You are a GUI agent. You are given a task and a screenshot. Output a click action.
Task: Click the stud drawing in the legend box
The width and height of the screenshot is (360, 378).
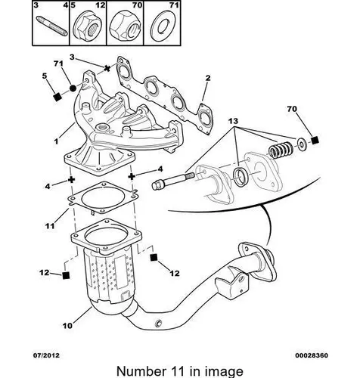(53, 26)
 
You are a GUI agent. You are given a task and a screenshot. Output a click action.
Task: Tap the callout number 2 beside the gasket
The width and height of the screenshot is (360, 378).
(208, 78)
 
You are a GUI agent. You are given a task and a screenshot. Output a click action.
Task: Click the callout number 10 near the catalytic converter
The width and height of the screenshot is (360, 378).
(67, 326)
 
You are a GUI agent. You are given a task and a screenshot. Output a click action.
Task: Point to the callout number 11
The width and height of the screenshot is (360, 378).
(50, 226)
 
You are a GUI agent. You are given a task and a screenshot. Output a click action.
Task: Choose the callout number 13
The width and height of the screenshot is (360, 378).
(233, 121)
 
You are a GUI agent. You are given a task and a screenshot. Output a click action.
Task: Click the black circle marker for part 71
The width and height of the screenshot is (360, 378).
(73, 88)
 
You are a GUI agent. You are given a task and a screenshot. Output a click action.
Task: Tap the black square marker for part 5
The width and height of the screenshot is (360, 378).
(57, 97)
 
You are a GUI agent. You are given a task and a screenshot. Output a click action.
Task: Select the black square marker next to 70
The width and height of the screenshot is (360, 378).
(315, 141)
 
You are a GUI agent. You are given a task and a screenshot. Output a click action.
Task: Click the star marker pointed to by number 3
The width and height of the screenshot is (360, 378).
(107, 68)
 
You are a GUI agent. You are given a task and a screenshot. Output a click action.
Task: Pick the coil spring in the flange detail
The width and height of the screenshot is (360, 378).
(280, 150)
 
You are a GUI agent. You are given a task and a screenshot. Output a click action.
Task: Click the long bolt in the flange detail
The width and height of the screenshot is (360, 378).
(172, 181)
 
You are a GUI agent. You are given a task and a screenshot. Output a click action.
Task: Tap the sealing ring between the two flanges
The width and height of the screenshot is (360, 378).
(241, 176)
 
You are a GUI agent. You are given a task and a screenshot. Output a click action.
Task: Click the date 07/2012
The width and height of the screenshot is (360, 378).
(47, 355)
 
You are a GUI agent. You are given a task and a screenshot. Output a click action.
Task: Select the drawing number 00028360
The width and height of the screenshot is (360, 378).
(312, 355)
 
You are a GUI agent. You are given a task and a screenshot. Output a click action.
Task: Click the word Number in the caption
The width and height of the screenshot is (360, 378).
(140, 371)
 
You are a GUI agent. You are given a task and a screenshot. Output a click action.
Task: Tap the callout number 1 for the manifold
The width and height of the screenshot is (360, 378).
(56, 141)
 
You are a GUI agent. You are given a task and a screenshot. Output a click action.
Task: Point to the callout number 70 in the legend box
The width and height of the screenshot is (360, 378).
(138, 5)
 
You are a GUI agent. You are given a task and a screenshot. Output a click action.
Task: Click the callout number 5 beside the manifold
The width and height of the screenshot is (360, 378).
(45, 76)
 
